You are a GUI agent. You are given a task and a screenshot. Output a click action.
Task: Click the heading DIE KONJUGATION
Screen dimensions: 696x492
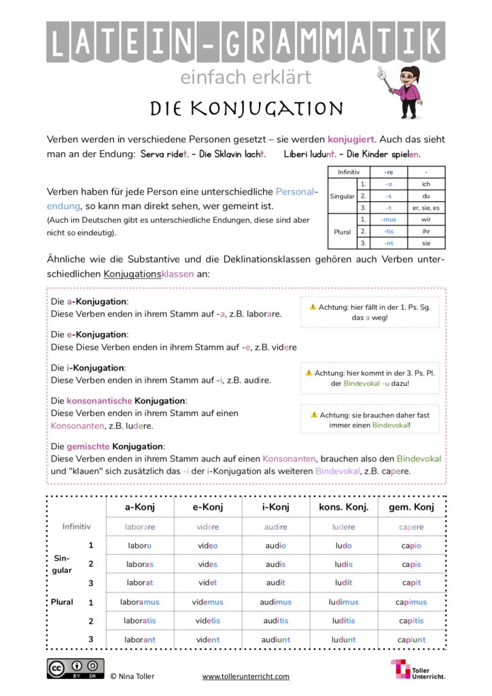point(246,108)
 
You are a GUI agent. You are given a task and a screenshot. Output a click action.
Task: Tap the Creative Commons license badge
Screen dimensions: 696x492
point(75,668)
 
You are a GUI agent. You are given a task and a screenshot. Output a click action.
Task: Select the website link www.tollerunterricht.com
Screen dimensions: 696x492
point(245,676)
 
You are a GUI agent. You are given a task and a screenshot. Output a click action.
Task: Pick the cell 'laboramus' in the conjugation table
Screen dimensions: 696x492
point(139,602)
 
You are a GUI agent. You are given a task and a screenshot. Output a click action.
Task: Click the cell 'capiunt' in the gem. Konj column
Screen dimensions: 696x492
point(410,639)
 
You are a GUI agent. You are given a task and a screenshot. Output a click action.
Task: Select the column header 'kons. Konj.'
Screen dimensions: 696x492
point(343,507)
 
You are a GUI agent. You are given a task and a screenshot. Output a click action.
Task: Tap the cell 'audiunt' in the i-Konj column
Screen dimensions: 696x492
point(275,639)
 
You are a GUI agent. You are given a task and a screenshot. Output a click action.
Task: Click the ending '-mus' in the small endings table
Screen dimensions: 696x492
point(388,219)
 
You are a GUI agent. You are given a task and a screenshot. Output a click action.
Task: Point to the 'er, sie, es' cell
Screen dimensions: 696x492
point(426,207)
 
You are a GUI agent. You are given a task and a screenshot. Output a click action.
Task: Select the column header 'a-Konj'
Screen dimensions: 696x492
point(139,507)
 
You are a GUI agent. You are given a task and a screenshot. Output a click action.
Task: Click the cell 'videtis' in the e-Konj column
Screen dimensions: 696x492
point(207,621)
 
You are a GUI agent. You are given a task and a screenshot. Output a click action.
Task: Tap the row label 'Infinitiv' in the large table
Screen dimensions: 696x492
point(76,526)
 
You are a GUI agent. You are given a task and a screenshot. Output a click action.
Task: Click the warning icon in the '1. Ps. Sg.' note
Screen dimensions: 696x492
point(313,307)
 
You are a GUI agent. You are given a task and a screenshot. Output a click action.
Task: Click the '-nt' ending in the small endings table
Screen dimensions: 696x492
point(388,243)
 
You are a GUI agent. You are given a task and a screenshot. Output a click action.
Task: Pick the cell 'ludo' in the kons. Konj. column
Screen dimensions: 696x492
point(343,545)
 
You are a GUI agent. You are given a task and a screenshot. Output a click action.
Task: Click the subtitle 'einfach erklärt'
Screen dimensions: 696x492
point(245,77)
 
